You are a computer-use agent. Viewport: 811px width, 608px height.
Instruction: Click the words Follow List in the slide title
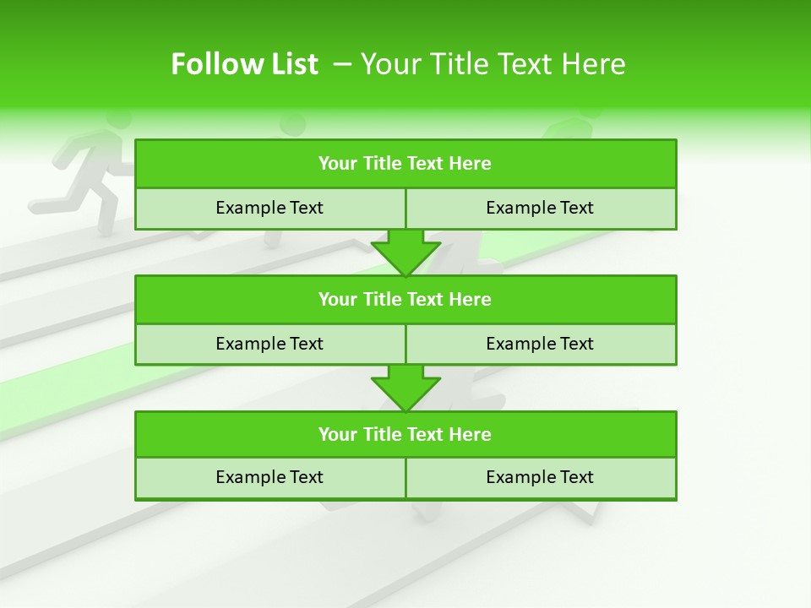[244, 64]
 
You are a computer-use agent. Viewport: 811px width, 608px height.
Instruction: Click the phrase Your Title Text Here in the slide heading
[493, 64]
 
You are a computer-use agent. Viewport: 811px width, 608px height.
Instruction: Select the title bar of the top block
[405, 164]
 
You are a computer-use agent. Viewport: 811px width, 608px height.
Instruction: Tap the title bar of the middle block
[405, 300]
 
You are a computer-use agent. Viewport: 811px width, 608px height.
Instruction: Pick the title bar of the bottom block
[405, 435]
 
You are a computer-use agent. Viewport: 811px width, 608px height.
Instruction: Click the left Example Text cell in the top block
[269, 209]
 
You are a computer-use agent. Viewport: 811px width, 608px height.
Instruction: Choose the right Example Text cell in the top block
[540, 209]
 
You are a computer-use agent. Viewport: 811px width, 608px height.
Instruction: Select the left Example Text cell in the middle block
[269, 345]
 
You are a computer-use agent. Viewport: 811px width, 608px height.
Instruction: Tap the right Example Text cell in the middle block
[540, 345]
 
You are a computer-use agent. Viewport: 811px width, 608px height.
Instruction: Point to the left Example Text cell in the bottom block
[269, 478]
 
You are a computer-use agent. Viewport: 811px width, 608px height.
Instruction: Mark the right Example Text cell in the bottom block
[540, 478]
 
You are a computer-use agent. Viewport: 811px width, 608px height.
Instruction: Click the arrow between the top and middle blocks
[405, 252]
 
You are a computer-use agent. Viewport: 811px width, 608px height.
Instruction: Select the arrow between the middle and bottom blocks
[405, 388]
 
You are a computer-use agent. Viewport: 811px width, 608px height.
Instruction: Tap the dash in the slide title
[343, 64]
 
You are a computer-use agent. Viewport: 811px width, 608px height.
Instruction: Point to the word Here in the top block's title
[471, 164]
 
